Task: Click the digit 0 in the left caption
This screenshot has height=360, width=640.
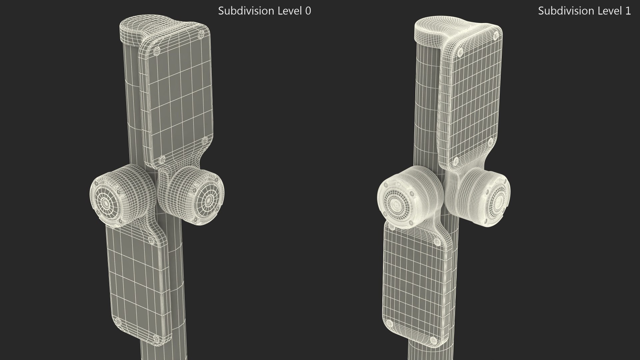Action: [x=308, y=11]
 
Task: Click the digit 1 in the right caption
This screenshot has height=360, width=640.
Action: [x=628, y=11]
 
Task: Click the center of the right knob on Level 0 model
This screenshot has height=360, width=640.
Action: [x=209, y=200]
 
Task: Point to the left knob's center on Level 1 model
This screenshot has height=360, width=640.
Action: [x=396, y=204]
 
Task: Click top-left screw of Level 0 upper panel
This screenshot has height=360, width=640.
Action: [x=156, y=52]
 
